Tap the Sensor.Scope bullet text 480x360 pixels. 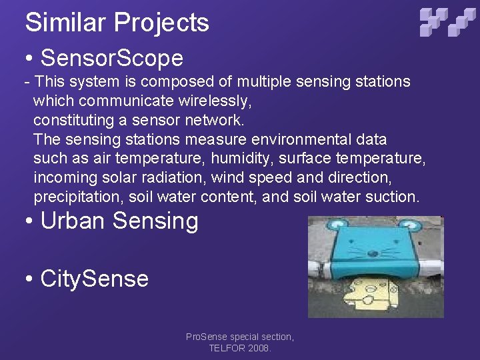click(x=111, y=58)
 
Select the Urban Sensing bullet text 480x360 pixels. click(x=119, y=221)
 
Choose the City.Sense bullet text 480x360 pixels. click(x=94, y=278)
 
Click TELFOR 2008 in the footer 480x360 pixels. click(x=239, y=348)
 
